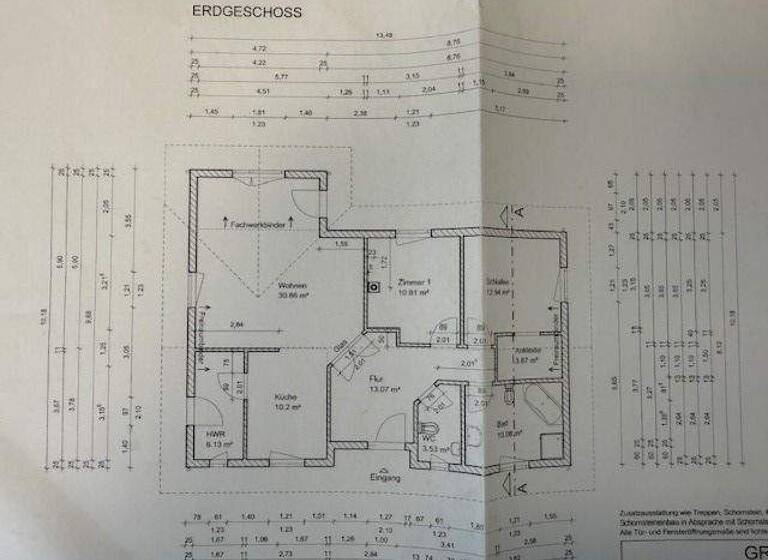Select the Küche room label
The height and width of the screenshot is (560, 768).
(287, 397)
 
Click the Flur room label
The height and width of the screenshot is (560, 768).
(377, 379)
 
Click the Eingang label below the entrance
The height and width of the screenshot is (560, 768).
(384, 479)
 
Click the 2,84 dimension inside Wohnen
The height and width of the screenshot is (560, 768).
(238, 326)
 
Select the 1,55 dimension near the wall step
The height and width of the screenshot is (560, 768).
(341, 243)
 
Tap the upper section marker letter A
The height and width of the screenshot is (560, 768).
(519, 212)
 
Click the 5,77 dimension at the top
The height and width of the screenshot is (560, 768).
(280, 76)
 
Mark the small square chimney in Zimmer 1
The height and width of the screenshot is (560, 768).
(369, 284)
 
